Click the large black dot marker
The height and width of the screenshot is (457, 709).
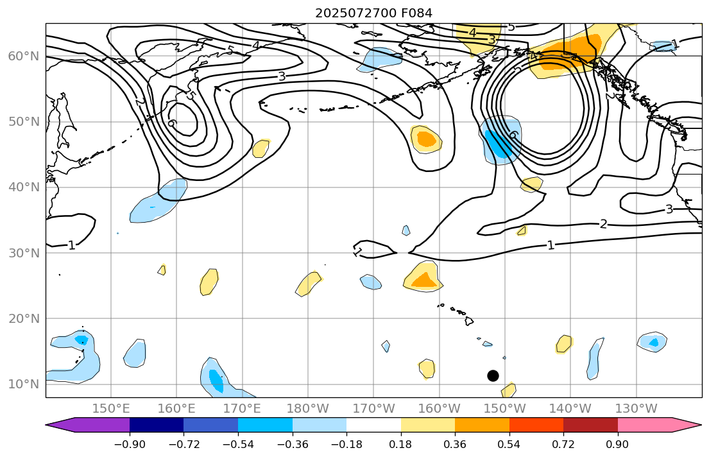(493, 375)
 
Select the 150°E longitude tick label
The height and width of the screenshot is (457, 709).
(111, 408)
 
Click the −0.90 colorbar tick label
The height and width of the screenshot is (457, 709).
(130, 444)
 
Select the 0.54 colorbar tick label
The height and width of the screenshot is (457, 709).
(509, 444)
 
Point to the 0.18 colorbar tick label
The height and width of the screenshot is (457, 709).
(401, 444)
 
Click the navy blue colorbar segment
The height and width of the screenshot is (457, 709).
(157, 425)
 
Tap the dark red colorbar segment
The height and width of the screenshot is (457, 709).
(590, 425)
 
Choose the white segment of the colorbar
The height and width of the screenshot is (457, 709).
(373, 425)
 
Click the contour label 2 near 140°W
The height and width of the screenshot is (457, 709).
(603, 223)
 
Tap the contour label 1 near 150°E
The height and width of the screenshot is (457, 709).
(71, 245)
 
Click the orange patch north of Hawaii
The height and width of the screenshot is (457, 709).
(423, 279)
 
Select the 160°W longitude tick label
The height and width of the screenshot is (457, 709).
(440, 408)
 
